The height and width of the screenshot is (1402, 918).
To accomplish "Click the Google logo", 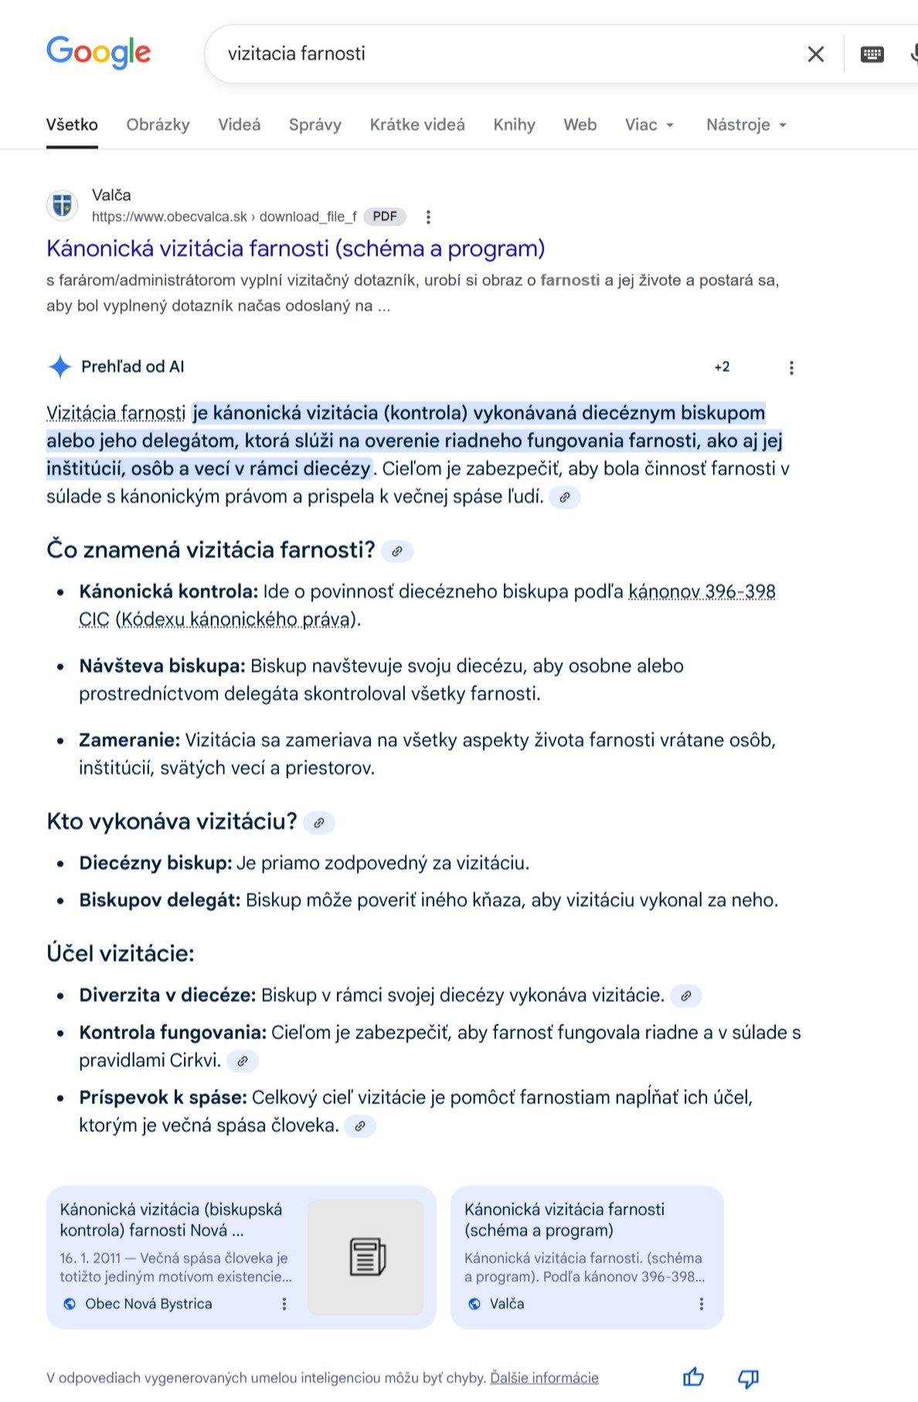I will (98, 53).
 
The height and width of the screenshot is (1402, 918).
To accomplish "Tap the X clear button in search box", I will (815, 54).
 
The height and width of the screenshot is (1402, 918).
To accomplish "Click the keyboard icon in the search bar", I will (872, 54).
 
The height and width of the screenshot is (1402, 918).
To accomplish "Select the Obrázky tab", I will (158, 125).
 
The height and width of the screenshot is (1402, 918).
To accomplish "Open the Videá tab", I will (239, 125).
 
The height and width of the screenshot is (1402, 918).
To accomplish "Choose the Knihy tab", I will (514, 125).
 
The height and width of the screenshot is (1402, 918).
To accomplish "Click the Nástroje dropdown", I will (746, 125).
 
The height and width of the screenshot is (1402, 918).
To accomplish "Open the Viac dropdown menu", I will (649, 125).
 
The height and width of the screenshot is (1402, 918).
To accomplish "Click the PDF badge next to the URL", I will (385, 217).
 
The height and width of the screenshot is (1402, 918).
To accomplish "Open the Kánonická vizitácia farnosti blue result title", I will (295, 248).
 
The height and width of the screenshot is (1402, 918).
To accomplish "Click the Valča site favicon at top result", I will (63, 206).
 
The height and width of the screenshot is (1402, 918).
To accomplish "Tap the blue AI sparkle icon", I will (59, 367).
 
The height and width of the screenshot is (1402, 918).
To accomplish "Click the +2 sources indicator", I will (722, 367).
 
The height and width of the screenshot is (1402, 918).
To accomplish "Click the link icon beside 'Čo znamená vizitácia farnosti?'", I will (397, 551).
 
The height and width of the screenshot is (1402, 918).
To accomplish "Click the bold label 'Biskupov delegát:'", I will (160, 900).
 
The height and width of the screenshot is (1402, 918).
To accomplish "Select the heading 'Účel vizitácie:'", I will (121, 953).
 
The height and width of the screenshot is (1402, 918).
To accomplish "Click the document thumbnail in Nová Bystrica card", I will (366, 1257).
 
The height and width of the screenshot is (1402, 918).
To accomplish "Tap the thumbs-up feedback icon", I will (693, 1377).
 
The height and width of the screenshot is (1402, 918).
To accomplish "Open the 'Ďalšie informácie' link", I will (544, 1377).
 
